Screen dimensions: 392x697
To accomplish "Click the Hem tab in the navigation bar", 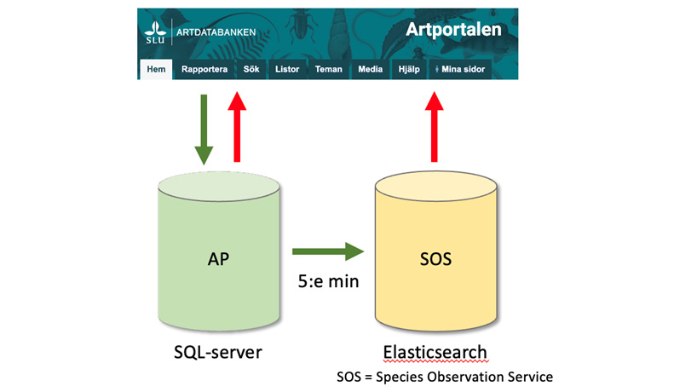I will [155, 70].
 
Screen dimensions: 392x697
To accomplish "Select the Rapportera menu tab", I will [204, 70].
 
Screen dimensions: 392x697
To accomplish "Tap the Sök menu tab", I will [251, 70].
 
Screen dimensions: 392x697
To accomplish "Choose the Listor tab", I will [287, 70].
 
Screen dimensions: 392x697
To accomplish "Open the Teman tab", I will [328, 70].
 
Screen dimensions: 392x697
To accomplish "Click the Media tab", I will [370, 70].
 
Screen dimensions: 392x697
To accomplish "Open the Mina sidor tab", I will [460, 70].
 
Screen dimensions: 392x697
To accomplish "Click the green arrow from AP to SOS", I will [328, 251].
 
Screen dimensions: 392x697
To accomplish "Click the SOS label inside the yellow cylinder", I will [435, 258].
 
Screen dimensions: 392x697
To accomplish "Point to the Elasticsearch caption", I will [435, 351].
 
